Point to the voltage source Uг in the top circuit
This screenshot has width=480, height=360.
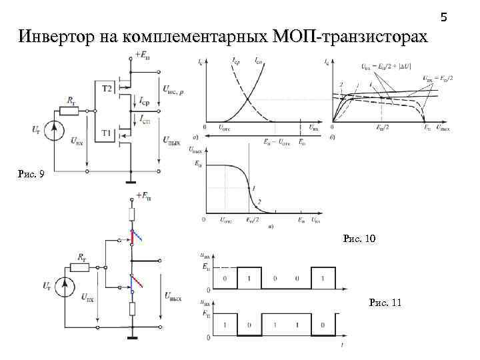click(56, 127)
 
